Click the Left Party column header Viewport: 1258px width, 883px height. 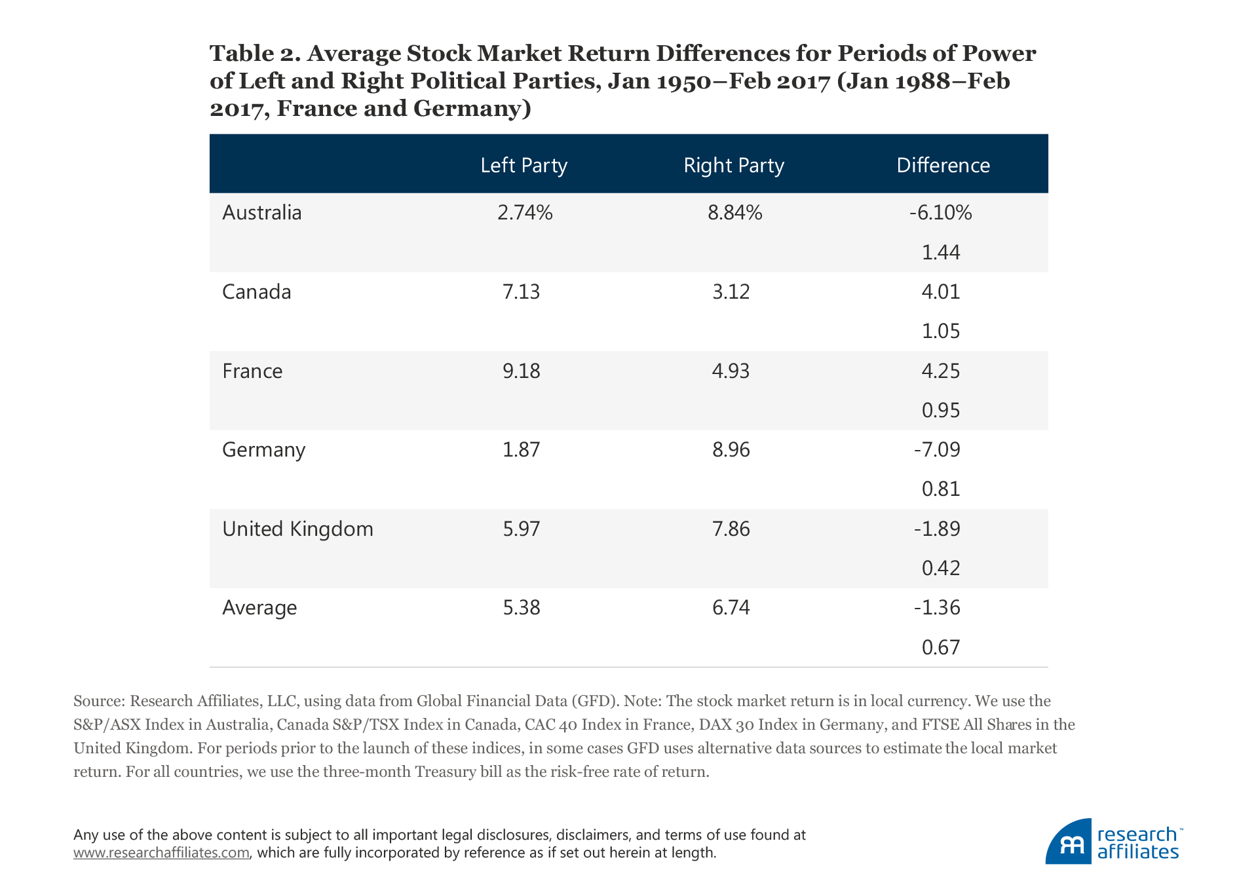(524, 165)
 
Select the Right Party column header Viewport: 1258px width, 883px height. (733, 165)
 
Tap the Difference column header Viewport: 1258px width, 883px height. (943, 165)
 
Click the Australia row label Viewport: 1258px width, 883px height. (261, 213)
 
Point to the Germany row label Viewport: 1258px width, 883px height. (263, 450)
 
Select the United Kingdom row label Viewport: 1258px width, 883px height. (297, 529)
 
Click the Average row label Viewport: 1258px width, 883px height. (259, 608)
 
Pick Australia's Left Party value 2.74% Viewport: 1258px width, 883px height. (525, 213)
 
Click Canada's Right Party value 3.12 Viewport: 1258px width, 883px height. (731, 292)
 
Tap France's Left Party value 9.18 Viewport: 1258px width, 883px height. (522, 371)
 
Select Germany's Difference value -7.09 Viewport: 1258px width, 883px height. (937, 450)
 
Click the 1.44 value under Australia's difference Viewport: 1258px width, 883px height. (941, 252)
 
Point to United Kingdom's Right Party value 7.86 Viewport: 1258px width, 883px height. (731, 529)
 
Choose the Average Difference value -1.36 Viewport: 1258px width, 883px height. (937, 608)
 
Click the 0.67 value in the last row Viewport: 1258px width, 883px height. (941, 647)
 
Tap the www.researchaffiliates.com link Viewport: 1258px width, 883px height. (161, 853)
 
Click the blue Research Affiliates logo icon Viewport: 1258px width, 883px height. (1069, 842)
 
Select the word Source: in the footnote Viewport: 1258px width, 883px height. (99, 701)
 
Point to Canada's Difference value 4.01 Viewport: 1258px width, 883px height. (941, 292)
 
